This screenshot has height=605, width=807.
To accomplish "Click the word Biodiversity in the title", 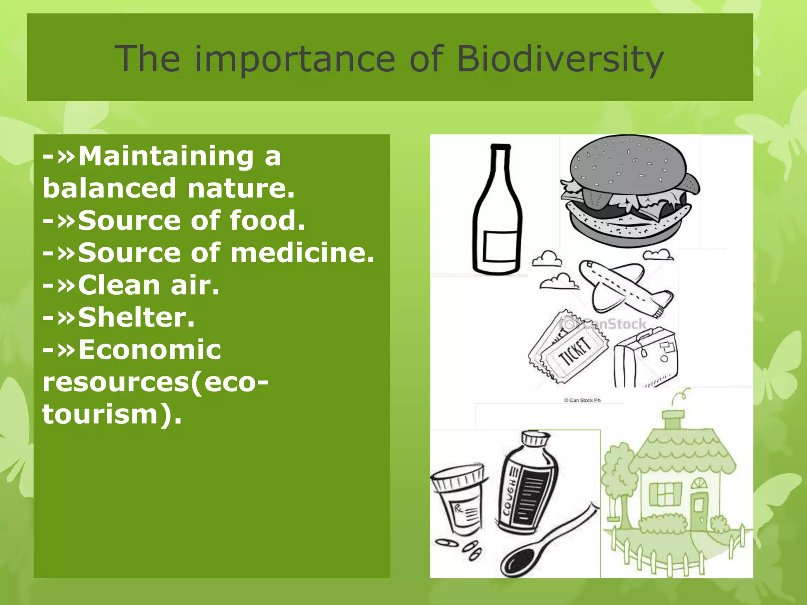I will tap(560, 59).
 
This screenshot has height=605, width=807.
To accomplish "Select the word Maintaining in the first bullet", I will tap(166, 156).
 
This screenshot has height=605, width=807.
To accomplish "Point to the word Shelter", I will tap(136, 317).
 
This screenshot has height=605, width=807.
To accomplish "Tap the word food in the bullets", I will tap(267, 220).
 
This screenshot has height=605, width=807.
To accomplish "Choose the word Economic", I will tap(150, 349).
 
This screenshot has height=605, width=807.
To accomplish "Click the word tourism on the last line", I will tap(100, 414).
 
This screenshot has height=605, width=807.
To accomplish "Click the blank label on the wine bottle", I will tap(500, 246).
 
